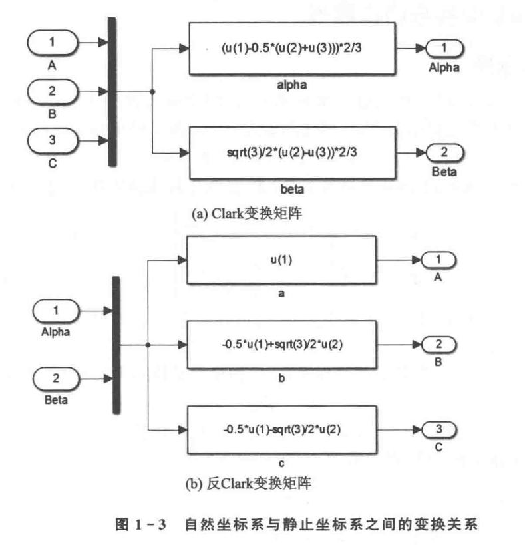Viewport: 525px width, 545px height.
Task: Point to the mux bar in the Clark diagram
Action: (112, 92)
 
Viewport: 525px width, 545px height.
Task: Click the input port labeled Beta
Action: (56, 379)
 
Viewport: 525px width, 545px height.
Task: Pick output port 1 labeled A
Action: (437, 260)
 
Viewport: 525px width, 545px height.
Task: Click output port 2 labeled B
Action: (437, 345)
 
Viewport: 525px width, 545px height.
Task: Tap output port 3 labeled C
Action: (437, 430)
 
